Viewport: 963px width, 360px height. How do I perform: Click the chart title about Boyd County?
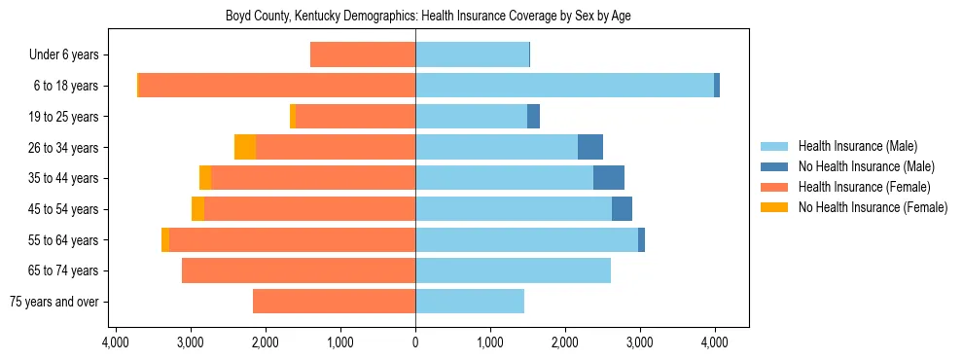pyautogui.click(x=415, y=17)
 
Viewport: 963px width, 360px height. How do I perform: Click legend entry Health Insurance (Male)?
pyautogui.click(x=857, y=146)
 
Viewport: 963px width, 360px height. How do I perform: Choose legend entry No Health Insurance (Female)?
pyautogui.click(x=873, y=207)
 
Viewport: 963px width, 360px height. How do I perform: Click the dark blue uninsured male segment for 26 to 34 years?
pyautogui.click(x=590, y=147)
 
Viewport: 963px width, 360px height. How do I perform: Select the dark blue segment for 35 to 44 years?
pyautogui.click(x=609, y=178)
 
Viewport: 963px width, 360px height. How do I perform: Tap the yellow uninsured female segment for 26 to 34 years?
pyautogui.click(x=245, y=147)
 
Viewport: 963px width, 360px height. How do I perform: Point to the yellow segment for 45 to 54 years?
pyautogui.click(x=198, y=209)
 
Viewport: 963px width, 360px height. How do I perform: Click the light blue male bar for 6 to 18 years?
pyautogui.click(x=564, y=86)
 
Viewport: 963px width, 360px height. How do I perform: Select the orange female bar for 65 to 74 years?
pyautogui.click(x=299, y=270)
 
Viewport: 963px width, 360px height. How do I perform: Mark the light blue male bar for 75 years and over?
pyautogui.click(x=470, y=302)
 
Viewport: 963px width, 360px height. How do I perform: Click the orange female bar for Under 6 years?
pyautogui.click(x=363, y=54)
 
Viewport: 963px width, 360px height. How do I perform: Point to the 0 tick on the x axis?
pyautogui.click(x=415, y=342)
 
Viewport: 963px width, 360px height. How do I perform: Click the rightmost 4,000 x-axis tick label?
pyautogui.click(x=715, y=342)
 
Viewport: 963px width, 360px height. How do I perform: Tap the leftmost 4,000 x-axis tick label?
pyautogui.click(x=116, y=342)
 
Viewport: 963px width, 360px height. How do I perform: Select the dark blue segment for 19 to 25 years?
pyautogui.click(x=533, y=117)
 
